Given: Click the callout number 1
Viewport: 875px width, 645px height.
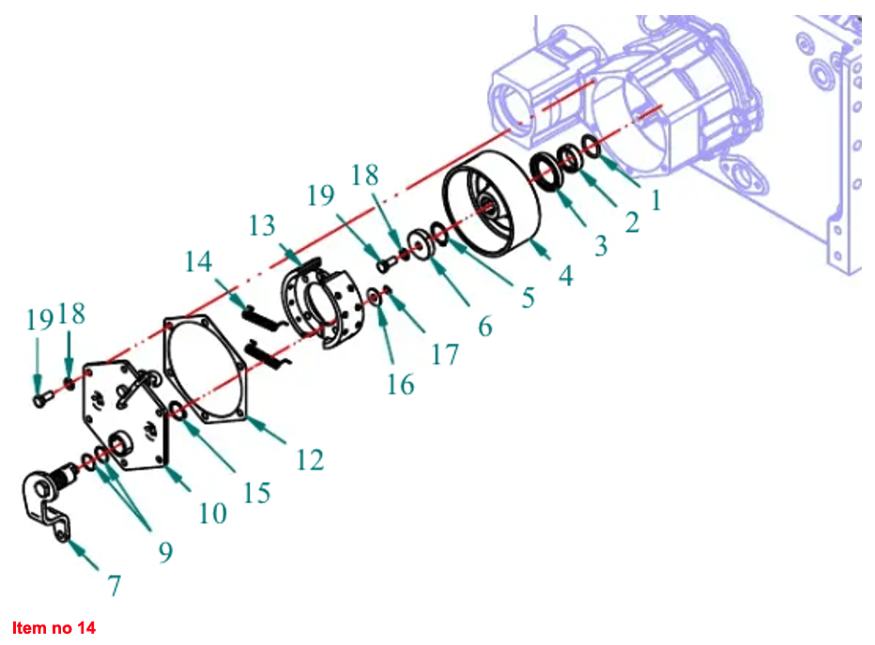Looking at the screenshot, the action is tap(656, 200).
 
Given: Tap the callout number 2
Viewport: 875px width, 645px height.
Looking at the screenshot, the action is tap(632, 223).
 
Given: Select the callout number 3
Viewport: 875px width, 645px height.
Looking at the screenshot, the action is tap(601, 245).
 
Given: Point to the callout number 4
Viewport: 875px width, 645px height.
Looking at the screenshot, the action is tap(566, 276).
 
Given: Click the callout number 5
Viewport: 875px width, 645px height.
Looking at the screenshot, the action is tap(528, 298).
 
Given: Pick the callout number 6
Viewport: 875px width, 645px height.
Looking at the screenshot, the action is tap(485, 326).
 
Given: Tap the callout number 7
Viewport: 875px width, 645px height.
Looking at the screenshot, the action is tap(114, 585).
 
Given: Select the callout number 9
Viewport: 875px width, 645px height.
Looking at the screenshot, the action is tap(165, 552).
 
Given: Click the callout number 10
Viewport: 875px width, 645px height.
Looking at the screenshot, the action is tap(212, 514).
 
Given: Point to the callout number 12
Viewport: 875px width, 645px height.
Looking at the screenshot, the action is tap(310, 460).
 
